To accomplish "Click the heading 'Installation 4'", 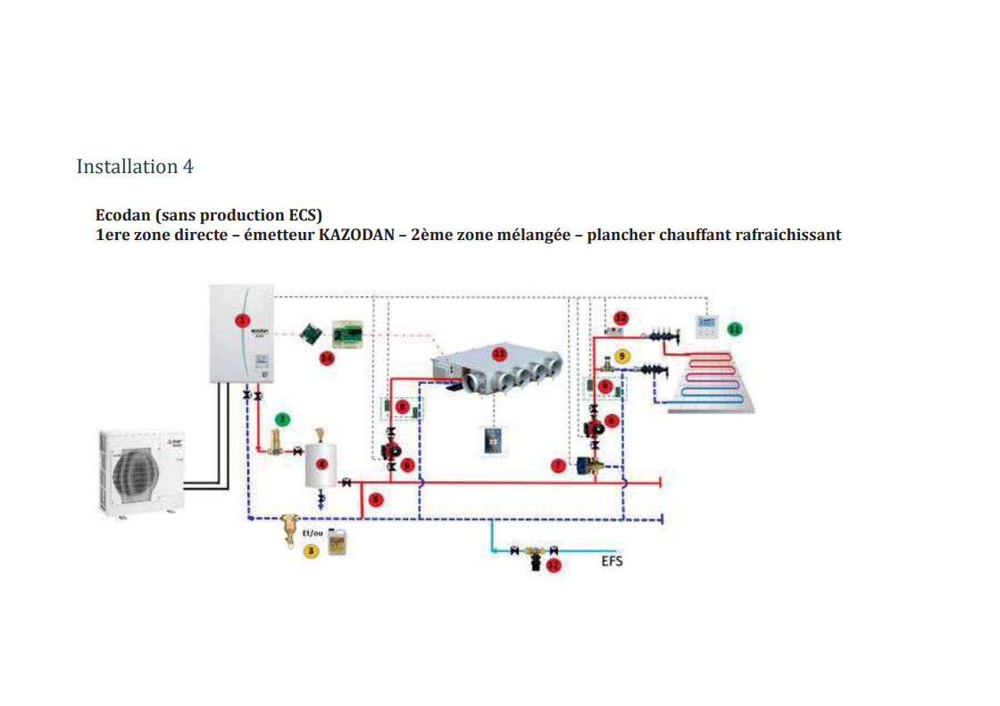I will (135, 167).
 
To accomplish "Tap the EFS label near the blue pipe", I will (612, 561).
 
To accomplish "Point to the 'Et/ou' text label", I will (312, 532).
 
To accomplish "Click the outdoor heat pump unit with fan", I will (142, 469).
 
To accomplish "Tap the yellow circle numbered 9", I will (622, 355).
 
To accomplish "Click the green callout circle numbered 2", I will (282, 418).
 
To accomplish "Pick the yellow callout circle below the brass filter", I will (311, 552).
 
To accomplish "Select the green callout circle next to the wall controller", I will (734, 329).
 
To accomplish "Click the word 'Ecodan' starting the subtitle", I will (121, 216).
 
